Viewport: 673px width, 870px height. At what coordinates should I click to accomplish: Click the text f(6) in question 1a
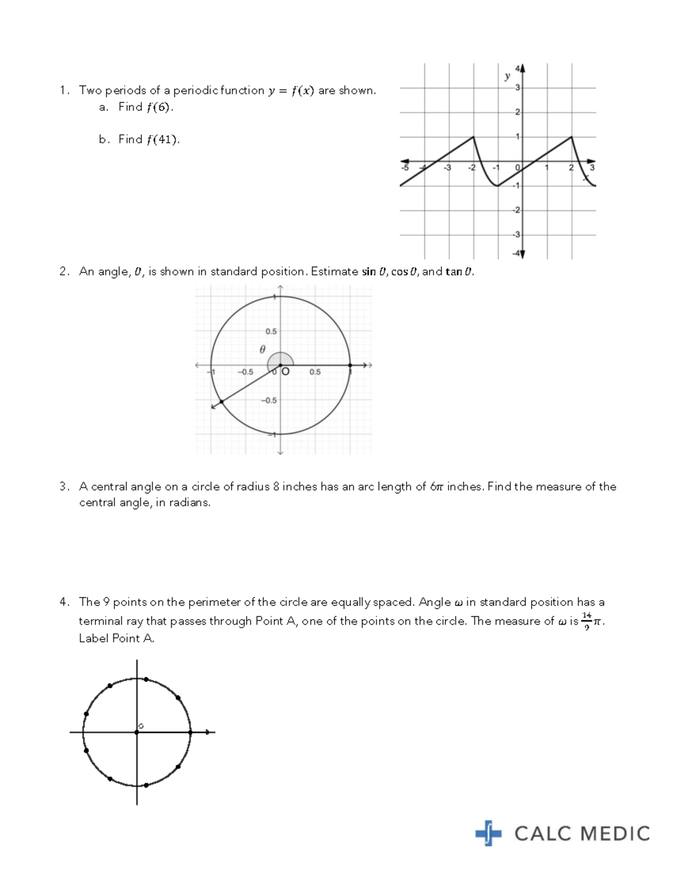[159, 107]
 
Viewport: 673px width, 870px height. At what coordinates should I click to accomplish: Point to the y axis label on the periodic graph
[507, 76]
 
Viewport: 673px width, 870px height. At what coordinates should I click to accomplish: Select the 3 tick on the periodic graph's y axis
[518, 88]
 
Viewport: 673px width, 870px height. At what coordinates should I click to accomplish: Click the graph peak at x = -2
[474, 137]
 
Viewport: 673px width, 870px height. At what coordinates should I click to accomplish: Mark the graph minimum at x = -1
[498, 185]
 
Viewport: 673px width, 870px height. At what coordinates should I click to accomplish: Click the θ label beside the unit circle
[262, 350]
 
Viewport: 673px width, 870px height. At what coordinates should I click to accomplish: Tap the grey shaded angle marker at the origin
[279, 359]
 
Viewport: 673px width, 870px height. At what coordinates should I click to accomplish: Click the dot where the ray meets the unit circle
[222, 402]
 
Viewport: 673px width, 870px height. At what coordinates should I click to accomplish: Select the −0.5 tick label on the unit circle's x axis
[246, 372]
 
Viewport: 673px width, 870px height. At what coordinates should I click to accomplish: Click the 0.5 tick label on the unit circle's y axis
[271, 332]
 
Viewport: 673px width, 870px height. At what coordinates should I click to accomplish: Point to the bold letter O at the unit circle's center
[285, 371]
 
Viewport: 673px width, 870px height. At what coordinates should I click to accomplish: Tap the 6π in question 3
[436, 487]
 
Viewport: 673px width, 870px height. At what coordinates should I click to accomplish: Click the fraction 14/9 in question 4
[587, 621]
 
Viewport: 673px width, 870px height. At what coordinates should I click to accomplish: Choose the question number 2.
[64, 272]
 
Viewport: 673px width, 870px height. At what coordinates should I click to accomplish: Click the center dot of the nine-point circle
[137, 732]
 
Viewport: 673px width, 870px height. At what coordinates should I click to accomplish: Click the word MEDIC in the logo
[616, 834]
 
